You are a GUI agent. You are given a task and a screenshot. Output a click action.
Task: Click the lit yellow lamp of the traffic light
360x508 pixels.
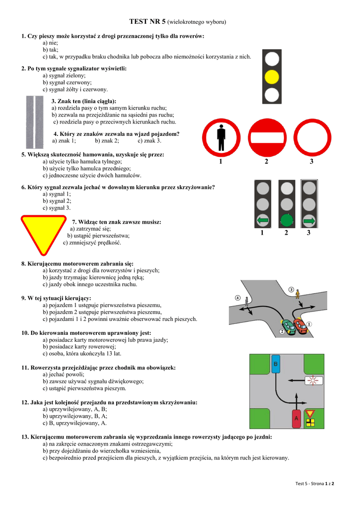(271, 77)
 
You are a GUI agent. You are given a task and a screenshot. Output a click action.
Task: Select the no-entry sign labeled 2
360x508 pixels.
(266, 137)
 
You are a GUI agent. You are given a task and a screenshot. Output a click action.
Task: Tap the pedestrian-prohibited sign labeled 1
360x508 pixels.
(221, 137)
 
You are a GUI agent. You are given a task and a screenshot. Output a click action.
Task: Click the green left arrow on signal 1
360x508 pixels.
(263, 219)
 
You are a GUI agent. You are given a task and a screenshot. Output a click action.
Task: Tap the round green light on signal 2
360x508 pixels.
(286, 219)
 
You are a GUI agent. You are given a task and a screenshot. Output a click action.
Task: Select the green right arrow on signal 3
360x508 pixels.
(309, 219)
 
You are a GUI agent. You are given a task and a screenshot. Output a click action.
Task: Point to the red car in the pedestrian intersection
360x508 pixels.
(300, 325)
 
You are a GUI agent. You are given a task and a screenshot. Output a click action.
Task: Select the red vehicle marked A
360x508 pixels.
(296, 419)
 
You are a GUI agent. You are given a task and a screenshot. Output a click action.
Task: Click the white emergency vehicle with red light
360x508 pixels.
(314, 381)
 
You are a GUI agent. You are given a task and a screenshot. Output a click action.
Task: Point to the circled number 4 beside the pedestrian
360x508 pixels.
(237, 298)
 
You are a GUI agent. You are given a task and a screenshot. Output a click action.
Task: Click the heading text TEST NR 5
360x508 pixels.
(147, 22)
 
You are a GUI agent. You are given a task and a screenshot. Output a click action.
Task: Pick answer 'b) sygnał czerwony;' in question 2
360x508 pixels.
(64, 82)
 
